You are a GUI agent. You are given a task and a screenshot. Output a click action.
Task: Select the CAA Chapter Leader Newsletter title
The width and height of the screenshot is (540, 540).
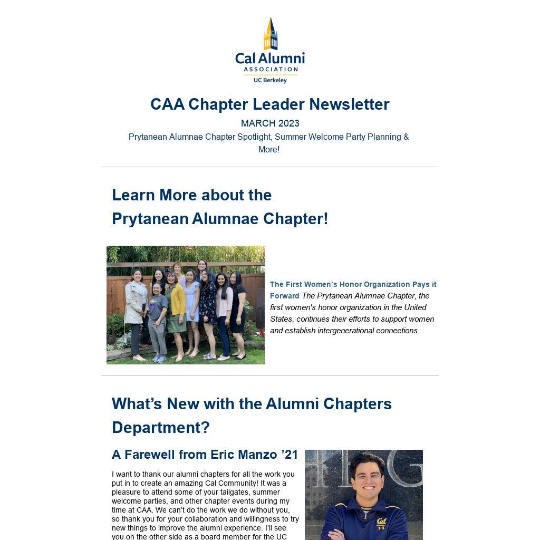pos(270,104)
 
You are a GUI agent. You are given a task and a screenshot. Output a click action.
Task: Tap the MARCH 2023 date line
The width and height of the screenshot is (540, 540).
pos(270,123)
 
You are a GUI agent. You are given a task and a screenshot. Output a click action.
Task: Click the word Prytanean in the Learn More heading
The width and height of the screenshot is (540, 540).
pos(150,219)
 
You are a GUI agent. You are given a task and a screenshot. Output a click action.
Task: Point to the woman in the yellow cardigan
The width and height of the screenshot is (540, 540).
pos(177,306)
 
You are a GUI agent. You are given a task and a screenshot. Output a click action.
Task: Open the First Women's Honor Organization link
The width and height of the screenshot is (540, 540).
pos(353,285)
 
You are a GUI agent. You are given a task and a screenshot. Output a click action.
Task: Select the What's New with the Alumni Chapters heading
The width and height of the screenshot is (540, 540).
pos(252,404)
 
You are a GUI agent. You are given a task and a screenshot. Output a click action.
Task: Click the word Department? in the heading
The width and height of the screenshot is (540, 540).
pos(161,428)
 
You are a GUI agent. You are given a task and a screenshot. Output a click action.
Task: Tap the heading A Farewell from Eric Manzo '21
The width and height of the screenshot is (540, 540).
pos(205,455)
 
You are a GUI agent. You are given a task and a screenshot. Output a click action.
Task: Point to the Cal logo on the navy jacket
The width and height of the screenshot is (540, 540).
pos(381,523)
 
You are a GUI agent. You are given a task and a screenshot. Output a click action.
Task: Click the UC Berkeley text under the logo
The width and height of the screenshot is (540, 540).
pos(270,80)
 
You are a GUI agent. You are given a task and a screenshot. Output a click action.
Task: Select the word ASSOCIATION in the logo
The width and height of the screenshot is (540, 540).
pos(270,69)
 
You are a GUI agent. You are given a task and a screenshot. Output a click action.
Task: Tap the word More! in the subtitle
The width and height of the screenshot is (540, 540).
pos(269,150)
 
